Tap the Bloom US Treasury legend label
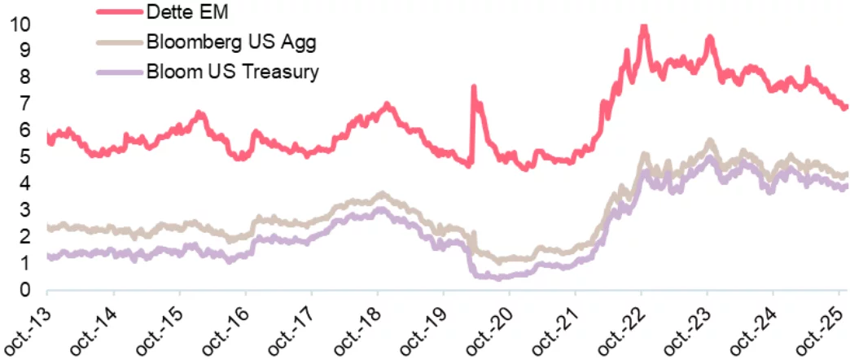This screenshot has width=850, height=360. coord(232,72)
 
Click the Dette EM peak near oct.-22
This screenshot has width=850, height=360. coord(643,28)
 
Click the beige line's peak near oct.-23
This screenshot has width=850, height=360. coord(709,142)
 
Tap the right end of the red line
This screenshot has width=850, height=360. coord(846,107)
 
